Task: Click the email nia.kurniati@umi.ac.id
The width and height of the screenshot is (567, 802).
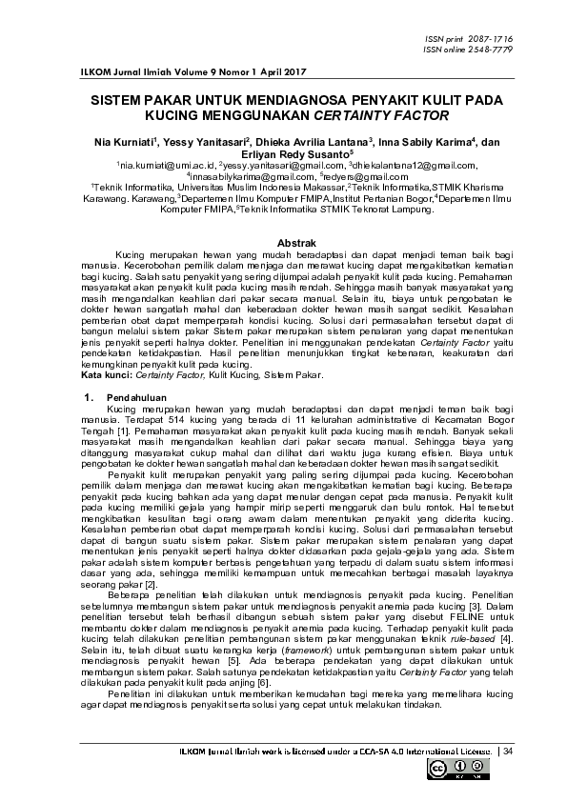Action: tap(156, 165)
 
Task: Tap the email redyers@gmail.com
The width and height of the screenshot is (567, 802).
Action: tap(356, 176)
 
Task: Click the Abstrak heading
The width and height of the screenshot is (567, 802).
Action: tap(283, 244)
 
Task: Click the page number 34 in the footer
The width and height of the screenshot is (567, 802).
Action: tap(508, 752)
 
